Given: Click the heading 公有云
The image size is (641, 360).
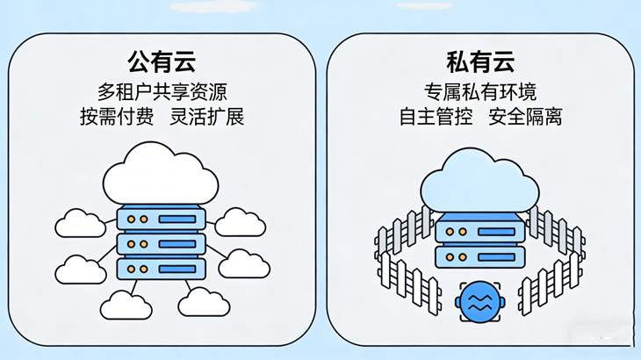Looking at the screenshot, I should (x=161, y=61).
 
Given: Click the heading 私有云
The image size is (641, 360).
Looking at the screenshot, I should (x=479, y=61).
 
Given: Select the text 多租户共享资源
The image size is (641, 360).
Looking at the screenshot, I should (x=161, y=90).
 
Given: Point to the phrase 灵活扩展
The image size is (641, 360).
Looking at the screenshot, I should (x=207, y=116).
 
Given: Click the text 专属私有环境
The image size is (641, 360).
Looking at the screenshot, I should (x=479, y=90).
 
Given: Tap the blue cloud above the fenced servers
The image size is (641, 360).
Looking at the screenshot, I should (x=479, y=180).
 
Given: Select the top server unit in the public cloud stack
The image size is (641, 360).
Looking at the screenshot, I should (x=161, y=218).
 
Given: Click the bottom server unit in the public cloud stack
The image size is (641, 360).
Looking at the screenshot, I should (x=161, y=268).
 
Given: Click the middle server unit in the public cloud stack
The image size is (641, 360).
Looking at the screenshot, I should (x=161, y=243).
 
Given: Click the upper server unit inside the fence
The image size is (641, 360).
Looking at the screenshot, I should (x=479, y=230).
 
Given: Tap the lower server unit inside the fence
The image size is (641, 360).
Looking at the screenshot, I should (x=479, y=256).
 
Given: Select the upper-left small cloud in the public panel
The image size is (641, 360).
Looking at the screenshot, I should (x=80, y=224).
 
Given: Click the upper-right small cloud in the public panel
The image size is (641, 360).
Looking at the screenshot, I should (x=239, y=222).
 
